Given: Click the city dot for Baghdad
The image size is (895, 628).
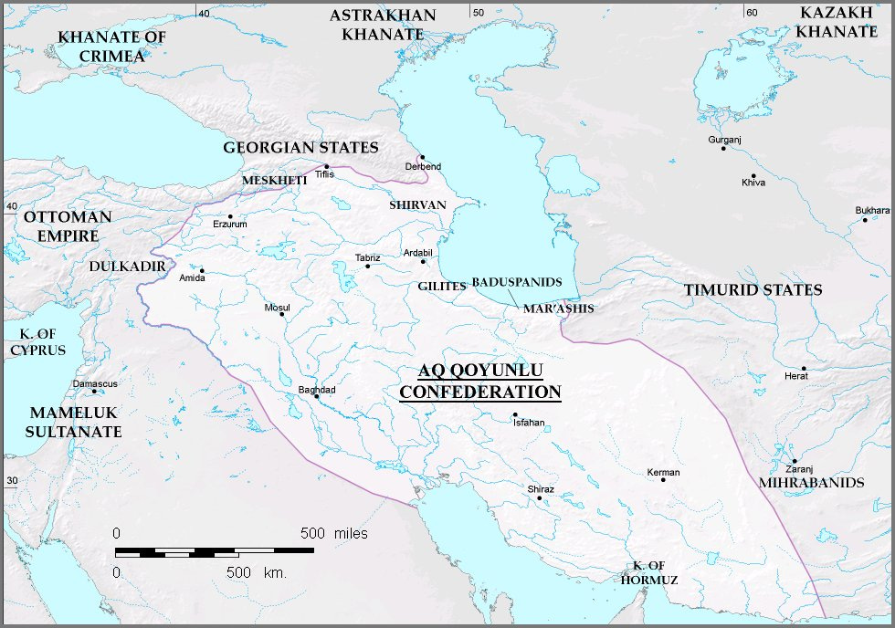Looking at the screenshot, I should click(x=316, y=396).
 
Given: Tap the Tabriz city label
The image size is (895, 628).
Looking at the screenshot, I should click(x=367, y=257).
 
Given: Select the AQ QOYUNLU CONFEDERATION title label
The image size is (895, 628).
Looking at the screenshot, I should click(x=480, y=382).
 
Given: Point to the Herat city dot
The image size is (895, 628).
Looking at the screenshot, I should click(x=804, y=367).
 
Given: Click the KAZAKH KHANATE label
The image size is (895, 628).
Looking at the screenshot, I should click(x=837, y=22).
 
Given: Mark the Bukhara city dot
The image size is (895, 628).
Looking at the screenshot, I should click(x=865, y=220).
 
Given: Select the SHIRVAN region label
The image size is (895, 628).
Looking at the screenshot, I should click(x=417, y=205).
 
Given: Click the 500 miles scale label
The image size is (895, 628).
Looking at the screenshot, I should click(x=333, y=533).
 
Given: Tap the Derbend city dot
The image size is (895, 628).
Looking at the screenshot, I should click(x=423, y=157).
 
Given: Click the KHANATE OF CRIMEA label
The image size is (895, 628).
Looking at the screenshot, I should click(x=100, y=47).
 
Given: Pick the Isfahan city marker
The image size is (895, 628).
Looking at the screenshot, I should click(x=515, y=415).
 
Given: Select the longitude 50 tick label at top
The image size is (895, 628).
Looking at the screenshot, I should click(x=477, y=12).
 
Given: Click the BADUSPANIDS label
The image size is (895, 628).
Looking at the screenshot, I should click(x=516, y=283).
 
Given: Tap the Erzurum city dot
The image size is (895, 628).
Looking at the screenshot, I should click(x=231, y=216).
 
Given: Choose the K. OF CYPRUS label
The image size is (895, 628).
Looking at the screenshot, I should click(x=37, y=342).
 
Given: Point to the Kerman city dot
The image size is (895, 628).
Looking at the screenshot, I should click(x=663, y=480).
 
